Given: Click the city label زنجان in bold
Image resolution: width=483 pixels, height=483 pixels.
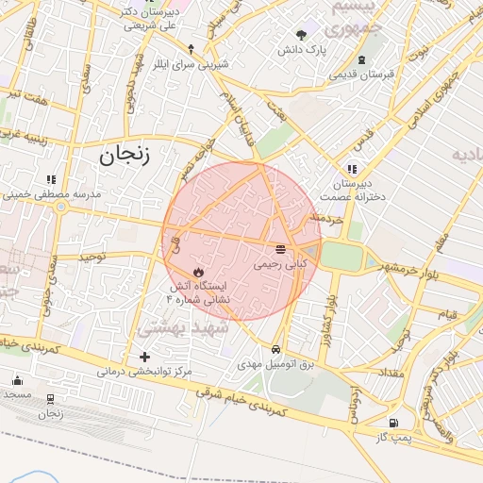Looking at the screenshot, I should [125, 155].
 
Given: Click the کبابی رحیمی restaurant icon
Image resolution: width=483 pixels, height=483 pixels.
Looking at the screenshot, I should [280, 249].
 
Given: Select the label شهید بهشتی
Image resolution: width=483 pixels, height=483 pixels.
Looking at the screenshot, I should [177, 327].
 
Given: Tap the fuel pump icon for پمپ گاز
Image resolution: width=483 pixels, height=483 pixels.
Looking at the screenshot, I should [392, 423].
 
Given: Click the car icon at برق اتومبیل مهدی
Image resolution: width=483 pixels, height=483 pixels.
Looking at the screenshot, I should [275, 347].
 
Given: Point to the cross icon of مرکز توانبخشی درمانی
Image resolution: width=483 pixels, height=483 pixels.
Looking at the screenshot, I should [144, 357].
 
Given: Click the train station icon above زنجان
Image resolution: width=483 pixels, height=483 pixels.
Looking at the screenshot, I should [49, 398].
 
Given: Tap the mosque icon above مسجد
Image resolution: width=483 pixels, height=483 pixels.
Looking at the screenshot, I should [17, 380].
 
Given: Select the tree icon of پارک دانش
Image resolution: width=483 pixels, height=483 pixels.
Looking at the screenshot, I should [301, 34].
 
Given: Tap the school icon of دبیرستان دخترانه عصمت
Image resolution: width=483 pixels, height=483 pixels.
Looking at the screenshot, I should [353, 169].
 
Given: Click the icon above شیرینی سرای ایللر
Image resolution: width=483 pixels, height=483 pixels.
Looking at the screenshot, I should [191, 48].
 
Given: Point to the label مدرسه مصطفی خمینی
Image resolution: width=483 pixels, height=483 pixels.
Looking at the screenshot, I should [57, 193].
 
